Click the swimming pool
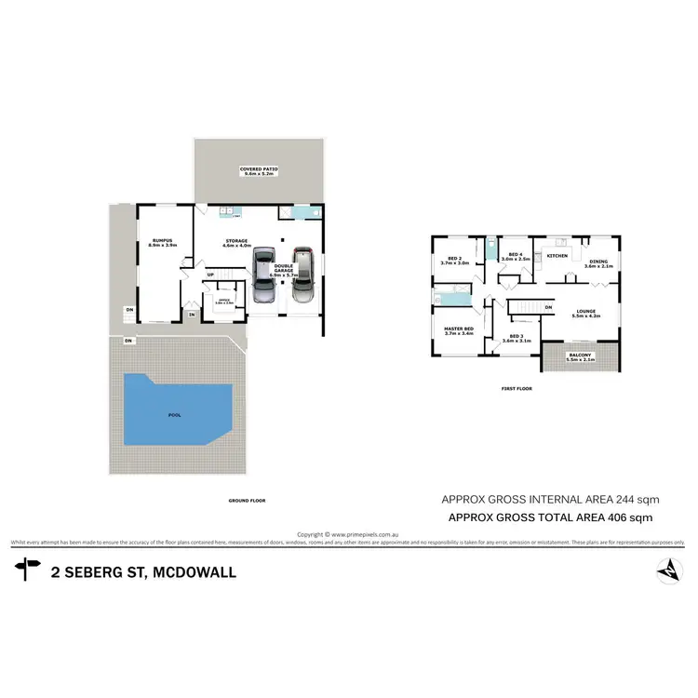(x=174, y=409)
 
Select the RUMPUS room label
(x=164, y=243)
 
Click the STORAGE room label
(x=235, y=243)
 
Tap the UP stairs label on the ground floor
(x=210, y=275)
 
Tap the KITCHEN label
(x=557, y=256)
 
